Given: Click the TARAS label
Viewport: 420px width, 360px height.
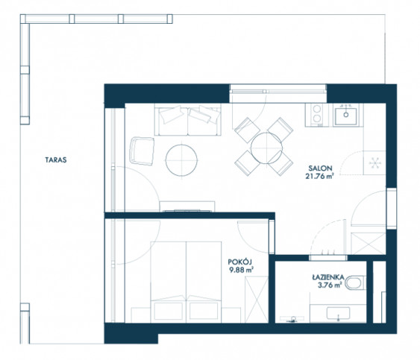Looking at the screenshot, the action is [x=56, y=160].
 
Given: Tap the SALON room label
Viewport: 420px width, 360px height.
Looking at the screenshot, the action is [x=320, y=168].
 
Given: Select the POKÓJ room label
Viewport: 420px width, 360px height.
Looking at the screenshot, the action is [x=240, y=262].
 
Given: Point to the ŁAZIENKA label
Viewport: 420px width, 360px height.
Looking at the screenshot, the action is [x=328, y=277].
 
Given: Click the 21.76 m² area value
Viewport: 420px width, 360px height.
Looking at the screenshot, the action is [x=319, y=176].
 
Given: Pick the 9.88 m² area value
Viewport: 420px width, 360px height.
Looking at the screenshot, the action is [x=242, y=270].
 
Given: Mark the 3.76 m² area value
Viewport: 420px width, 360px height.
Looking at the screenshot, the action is [x=330, y=285].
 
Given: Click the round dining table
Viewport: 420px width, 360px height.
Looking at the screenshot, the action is [x=266, y=148].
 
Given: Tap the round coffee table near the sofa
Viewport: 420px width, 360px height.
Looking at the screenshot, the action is [x=181, y=160].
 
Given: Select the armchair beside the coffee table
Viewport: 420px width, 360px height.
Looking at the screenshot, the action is [x=142, y=151].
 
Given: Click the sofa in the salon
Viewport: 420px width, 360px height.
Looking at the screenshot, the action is [x=187, y=120].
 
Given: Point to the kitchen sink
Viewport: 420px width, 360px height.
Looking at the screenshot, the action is [x=346, y=116].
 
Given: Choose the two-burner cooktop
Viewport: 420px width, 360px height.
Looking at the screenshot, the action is [x=317, y=115].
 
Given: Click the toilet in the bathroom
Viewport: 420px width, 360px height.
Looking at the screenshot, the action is [x=355, y=283].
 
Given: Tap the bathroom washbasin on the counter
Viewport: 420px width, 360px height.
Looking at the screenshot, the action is [x=338, y=313].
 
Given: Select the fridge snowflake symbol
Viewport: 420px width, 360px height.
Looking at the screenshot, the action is [x=374, y=162].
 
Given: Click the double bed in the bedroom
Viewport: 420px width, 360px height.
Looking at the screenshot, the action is [x=186, y=282].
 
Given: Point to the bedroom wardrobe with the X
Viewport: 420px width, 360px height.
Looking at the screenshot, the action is [x=257, y=299].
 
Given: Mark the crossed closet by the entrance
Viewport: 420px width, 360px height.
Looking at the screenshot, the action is [x=369, y=243].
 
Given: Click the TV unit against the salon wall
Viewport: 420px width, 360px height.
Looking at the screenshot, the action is [x=187, y=206].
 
